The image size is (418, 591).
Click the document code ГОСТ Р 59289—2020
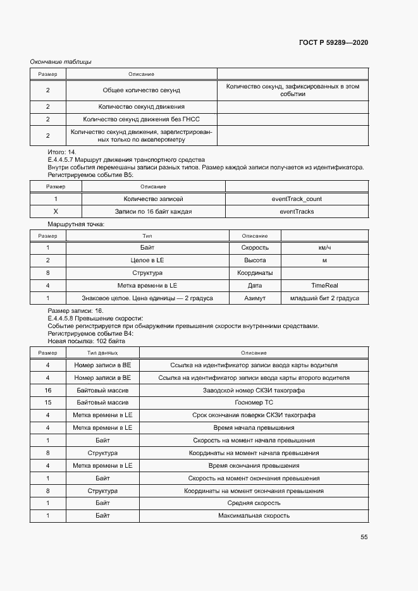[333, 42]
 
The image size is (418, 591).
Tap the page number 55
[364, 537]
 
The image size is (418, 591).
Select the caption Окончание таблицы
[61, 61]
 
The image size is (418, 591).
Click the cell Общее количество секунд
[142, 90]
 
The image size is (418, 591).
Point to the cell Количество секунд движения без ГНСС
[142, 119]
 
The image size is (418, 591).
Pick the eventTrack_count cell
[297, 198]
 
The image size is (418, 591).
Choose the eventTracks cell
[297, 211]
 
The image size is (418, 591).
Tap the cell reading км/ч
[324, 247]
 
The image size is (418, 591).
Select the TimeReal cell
[324, 285]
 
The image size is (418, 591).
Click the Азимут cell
[255, 298]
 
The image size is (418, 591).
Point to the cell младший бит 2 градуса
[324, 298]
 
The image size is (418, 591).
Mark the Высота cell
[255, 260]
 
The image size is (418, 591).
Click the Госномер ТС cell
[254, 403]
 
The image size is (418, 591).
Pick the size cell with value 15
[48, 403]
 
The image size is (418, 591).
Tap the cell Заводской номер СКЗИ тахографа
[254, 390]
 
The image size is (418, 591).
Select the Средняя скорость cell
[254, 503]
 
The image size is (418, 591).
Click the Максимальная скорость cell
[254, 516]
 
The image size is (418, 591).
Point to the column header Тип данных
[102, 353]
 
